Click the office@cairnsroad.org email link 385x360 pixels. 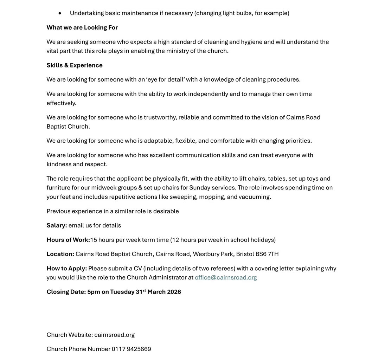226,277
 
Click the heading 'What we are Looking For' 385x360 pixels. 82,27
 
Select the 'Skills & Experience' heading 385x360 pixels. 75,65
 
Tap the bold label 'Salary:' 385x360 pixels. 57,225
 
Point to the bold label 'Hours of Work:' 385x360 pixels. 68,240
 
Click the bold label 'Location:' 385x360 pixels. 60,254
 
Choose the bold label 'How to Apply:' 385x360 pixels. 66,268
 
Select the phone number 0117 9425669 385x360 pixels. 131,349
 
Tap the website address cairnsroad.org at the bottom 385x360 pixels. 114,335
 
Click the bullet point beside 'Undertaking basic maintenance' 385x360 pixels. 60,13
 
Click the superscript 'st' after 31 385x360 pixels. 144,290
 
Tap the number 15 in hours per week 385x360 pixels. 94,240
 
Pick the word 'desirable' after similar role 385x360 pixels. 166,211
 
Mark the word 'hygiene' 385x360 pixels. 251,42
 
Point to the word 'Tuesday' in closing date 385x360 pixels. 123,292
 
